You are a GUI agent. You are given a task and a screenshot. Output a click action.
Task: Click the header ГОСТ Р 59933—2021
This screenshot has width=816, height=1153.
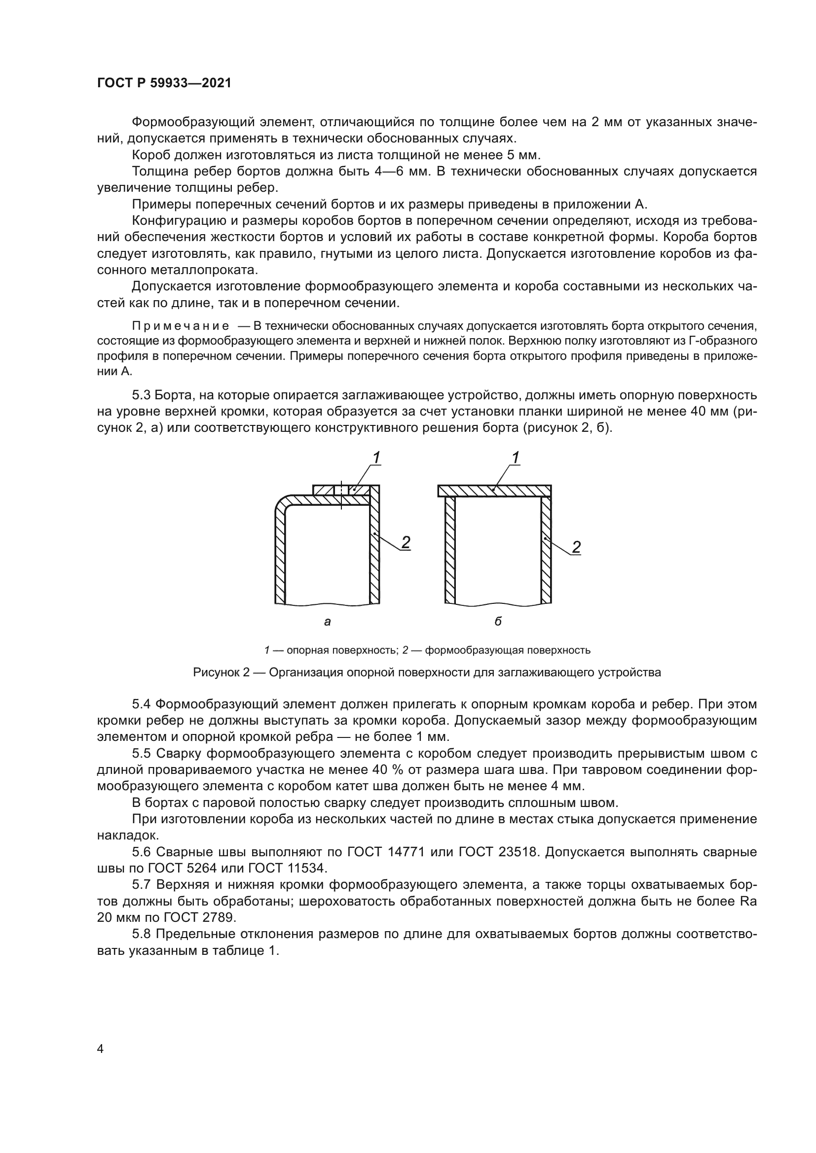(164, 83)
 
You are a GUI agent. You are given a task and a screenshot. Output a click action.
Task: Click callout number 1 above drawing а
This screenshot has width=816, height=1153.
(376, 457)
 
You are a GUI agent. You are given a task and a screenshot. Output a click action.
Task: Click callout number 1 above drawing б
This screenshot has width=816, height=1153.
(515, 457)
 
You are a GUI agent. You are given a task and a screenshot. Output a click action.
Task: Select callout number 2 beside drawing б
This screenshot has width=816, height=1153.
(576, 547)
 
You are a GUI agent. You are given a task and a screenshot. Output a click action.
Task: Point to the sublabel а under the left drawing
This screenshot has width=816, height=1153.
(328, 622)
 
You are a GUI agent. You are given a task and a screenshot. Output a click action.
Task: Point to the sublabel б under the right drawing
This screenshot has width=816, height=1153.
(498, 622)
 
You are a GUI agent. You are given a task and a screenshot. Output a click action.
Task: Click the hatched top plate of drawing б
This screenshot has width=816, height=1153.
(494, 490)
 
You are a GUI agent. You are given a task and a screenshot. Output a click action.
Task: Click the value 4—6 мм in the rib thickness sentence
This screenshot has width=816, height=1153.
(403, 171)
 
